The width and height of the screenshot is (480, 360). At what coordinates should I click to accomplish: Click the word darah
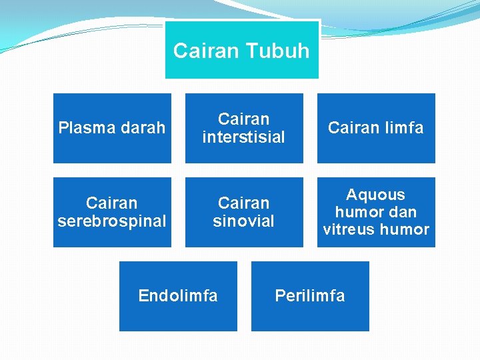click(x=141, y=128)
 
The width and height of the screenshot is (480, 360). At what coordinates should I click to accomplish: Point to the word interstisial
click(x=243, y=137)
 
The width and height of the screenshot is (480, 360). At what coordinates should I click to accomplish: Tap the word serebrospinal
click(x=112, y=221)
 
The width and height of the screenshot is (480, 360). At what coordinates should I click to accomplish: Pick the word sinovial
click(x=243, y=221)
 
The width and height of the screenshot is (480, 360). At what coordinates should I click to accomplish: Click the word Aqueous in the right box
click(x=375, y=195)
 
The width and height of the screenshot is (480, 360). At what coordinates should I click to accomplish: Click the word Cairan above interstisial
click(x=243, y=119)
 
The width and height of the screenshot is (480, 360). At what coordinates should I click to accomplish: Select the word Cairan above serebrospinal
click(x=112, y=203)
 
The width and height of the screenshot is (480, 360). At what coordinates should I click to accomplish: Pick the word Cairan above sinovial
click(x=243, y=203)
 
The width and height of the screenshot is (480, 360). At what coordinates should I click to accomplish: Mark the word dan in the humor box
click(x=403, y=212)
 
